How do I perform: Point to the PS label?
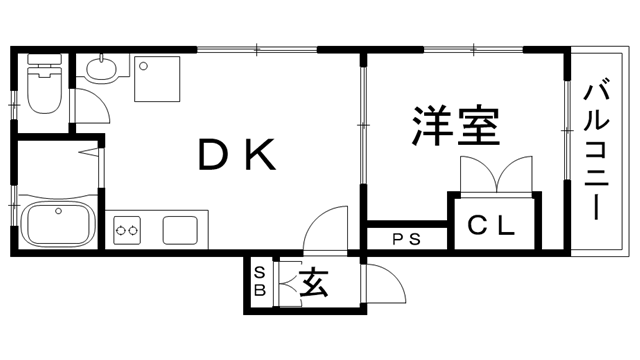click(405, 240)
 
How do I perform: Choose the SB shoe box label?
click(259, 282)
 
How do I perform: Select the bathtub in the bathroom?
click(57, 223)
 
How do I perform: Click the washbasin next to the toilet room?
click(101, 69)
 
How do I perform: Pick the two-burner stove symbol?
click(127, 231)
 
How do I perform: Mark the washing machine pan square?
click(157, 78)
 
